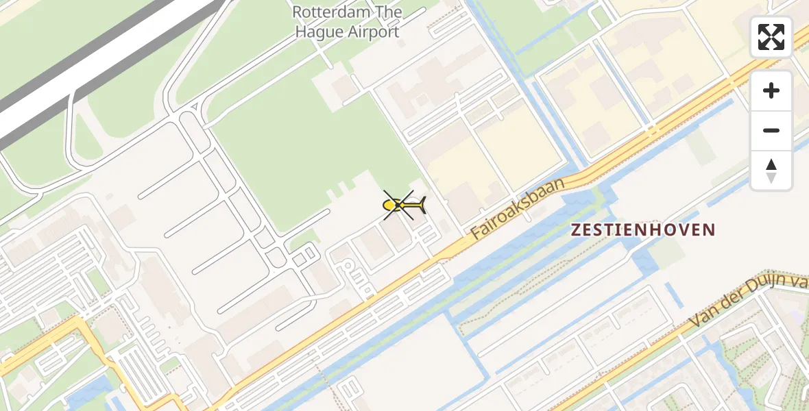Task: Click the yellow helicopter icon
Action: [403, 205]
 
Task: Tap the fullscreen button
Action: [771, 37]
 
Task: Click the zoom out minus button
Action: [771, 130]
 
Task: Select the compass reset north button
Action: [771, 171]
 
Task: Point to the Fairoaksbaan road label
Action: [518, 209]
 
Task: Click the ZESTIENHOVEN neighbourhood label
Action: [644, 230]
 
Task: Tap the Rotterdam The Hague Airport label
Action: [346, 22]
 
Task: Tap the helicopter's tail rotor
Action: [422, 204]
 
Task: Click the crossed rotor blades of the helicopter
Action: [398, 205]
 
